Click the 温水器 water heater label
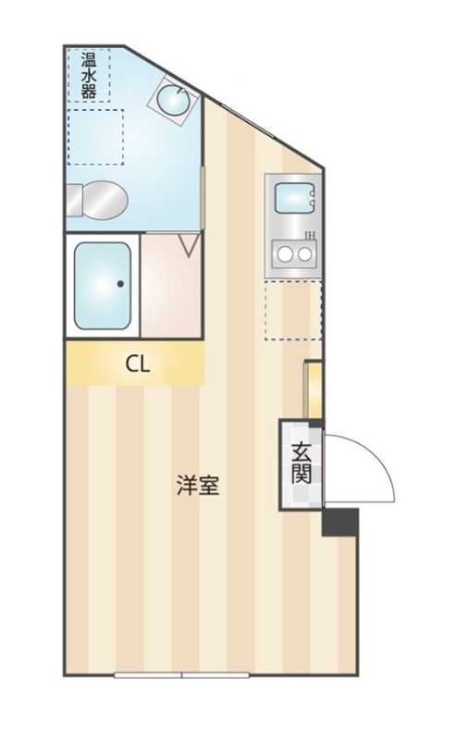pos(89,76)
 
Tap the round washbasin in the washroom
pos(173,100)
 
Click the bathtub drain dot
pos(120,284)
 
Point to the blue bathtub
pos(103,286)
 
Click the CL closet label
pos(138,364)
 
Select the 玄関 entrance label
pos(302,464)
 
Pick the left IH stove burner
pos(285,254)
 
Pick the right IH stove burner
pos(305,254)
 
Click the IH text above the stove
pos(310,235)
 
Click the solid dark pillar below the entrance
pos(340,522)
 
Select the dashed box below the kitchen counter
pos(292,310)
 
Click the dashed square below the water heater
pos(96,137)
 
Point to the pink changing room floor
pos(171,286)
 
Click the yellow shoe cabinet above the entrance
pos(313,389)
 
